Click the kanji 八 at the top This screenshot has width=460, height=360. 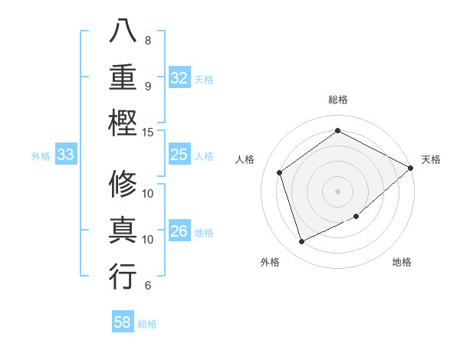[123, 31]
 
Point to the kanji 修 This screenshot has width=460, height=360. [123, 185]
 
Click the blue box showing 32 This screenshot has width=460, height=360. [179, 78]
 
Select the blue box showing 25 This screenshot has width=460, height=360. [179, 155]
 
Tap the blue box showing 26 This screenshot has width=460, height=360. [179, 232]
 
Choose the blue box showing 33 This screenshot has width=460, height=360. [65, 155]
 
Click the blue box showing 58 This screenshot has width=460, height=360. [123, 323]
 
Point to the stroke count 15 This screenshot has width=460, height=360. [149, 132]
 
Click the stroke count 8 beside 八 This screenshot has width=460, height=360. [148, 40]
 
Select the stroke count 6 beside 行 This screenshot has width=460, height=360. [148, 286]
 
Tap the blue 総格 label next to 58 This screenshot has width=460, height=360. [147, 324]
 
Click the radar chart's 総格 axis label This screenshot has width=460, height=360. [337, 100]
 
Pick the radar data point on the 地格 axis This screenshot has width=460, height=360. [356, 217]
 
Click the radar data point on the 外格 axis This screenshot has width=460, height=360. [301, 242]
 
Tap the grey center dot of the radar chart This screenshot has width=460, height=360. [337, 191]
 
